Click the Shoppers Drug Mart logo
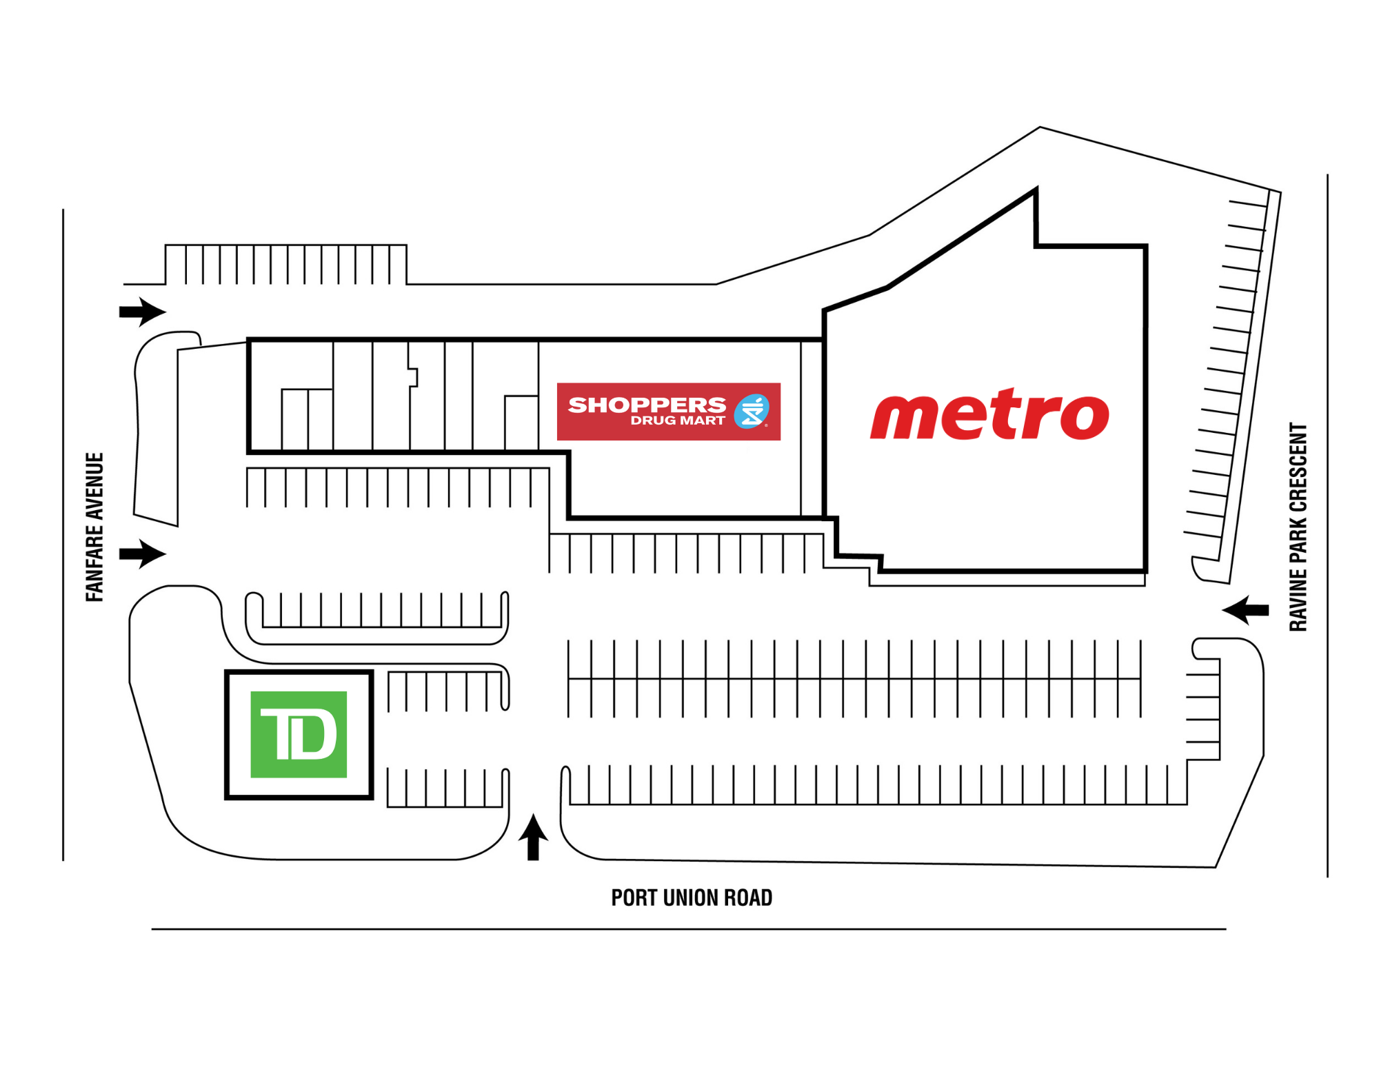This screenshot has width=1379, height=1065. pyautogui.click(x=668, y=412)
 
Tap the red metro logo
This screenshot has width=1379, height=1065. pyautogui.click(x=989, y=414)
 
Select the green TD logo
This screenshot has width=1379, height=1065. pyautogui.click(x=299, y=734)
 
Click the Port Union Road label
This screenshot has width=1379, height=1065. pyautogui.click(x=692, y=897)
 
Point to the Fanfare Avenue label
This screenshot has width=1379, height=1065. pyautogui.click(x=94, y=527)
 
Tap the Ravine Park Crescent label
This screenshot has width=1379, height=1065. pyautogui.click(x=1298, y=527)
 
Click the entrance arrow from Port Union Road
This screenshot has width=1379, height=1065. pyautogui.click(x=533, y=837)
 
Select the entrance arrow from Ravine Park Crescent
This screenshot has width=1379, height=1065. pyautogui.click(x=1245, y=609)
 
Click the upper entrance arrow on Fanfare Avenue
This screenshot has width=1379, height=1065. pyautogui.click(x=143, y=312)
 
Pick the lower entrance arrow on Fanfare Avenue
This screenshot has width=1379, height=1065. pyautogui.click(x=143, y=554)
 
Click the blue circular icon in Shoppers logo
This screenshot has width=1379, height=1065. pyautogui.click(x=751, y=412)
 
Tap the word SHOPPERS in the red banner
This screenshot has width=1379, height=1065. pyautogui.click(x=647, y=405)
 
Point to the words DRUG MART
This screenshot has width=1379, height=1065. pyautogui.click(x=678, y=420)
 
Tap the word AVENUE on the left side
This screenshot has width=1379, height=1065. pyautogui.click(x=94, y=485)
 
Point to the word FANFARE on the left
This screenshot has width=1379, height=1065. pyautogui.click(x=94, y=562)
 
